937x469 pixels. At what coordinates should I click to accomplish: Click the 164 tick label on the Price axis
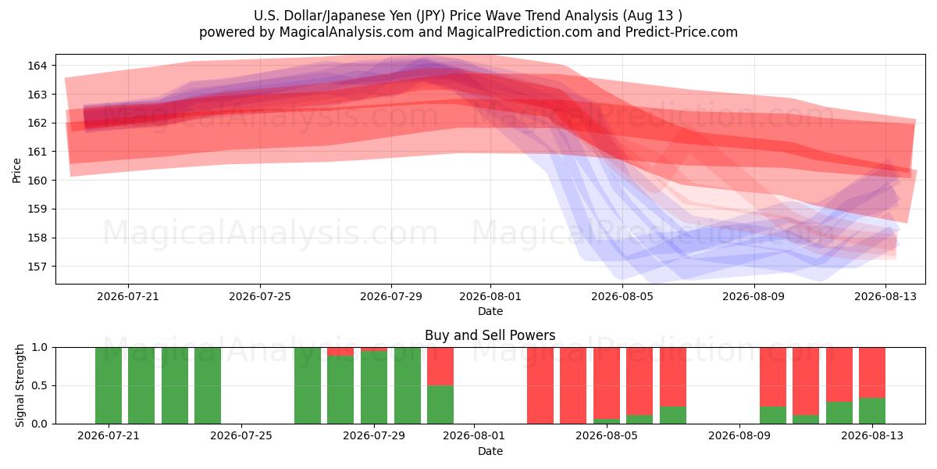point(37,66)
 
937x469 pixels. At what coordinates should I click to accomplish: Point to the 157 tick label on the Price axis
point(37,267)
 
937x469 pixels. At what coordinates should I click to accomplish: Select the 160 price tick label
point(37,181)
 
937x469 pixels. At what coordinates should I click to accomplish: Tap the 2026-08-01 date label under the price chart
point(490,296)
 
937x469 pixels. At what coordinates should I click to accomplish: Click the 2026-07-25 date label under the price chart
point(260,296)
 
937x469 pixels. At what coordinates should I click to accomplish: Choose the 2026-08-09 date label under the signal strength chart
point(739,435)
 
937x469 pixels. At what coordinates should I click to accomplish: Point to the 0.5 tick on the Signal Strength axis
point(39,385)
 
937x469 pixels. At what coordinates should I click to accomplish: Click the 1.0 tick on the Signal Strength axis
point(39,348)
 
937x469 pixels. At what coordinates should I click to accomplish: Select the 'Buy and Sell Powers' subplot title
point(490,335)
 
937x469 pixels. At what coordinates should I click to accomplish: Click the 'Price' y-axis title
point(16,170)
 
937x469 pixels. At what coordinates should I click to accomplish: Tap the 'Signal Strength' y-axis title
point(20,385)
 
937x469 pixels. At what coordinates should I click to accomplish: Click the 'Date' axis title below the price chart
point(490,311)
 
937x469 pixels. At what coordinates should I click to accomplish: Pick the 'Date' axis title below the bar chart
point(490,451)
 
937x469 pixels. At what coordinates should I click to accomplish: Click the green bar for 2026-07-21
point(109,385)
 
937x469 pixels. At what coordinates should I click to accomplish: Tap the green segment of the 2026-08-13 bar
point(872,411)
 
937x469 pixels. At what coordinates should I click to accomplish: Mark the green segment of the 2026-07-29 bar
point(374,388)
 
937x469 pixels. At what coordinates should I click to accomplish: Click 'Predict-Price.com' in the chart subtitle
point(682,32)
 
